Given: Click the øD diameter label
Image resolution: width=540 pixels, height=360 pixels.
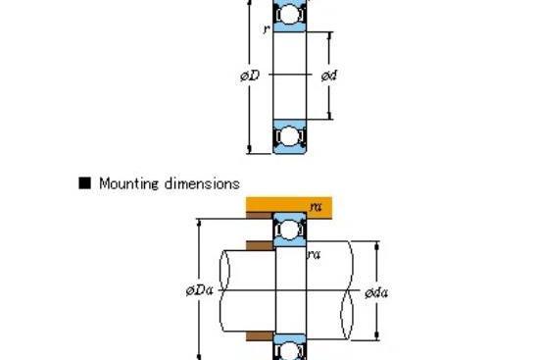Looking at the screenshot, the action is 250,76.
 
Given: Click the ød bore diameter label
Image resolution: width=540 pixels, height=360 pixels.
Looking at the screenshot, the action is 329,76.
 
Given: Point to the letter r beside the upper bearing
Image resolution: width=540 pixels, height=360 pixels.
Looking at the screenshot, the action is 266,29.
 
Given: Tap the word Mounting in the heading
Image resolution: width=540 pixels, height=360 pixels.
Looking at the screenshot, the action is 129,183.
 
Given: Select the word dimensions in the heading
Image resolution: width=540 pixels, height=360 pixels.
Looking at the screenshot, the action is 202,183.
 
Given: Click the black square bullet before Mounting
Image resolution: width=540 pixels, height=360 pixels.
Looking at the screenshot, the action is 84,183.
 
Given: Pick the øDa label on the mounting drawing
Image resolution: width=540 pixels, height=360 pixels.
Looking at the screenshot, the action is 199,291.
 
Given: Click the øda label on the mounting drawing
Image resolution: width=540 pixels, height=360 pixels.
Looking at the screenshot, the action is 376,293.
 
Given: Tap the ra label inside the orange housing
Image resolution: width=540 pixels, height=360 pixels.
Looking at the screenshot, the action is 316,207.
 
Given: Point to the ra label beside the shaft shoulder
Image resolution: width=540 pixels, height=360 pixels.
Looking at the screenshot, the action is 314,254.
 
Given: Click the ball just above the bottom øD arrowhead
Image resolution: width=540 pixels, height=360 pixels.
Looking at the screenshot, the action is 290,136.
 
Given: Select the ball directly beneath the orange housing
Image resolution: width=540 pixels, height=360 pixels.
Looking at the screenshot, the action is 290,230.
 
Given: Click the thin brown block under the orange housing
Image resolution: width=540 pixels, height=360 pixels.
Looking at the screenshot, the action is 260,216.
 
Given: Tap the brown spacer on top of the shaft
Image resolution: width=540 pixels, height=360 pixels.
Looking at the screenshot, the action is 260,245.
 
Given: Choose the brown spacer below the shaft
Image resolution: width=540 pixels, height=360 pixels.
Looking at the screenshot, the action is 260,336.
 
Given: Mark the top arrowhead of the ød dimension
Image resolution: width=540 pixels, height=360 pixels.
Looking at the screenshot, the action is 329,35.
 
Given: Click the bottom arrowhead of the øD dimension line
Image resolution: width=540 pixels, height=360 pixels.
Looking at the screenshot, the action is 249,149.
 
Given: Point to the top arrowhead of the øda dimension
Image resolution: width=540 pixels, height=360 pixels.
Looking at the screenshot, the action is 376,245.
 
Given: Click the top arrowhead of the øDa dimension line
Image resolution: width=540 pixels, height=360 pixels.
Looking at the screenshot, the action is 199,223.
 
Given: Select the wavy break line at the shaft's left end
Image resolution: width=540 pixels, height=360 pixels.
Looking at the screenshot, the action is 224,290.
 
